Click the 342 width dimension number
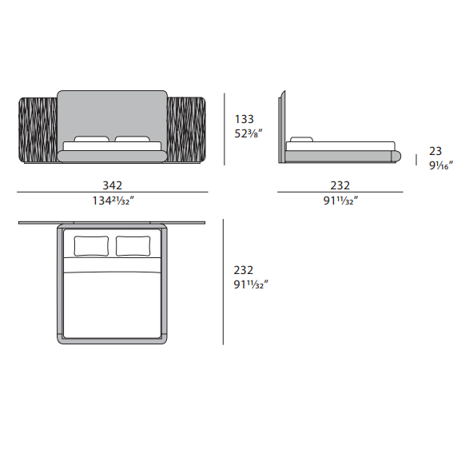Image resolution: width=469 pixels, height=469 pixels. (112, 185)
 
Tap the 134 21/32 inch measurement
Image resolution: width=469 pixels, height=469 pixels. (113, 201)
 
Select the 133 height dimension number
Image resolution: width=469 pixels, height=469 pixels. (244, 119)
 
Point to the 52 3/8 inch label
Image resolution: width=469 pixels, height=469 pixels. (248, 133)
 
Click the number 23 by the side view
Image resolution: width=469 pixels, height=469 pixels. (435, 151)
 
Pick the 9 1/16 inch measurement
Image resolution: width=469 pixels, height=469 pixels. (441, 165)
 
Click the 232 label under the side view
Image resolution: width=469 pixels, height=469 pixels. (340, 185)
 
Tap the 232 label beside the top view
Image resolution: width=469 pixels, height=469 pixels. (243, 270)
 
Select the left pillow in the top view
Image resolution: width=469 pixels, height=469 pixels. (91, 246)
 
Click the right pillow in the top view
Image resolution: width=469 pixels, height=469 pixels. (133, 246)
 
